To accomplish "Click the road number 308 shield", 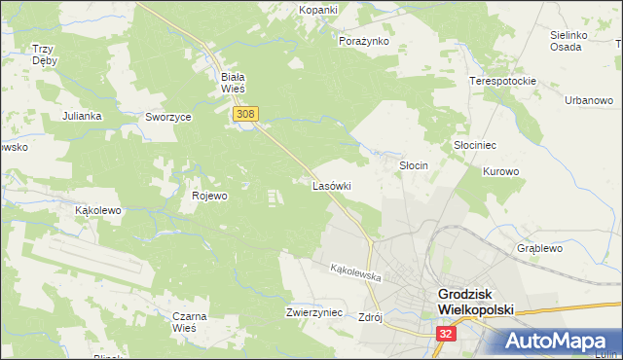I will click(245, 115).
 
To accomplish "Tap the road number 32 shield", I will click(445, 333).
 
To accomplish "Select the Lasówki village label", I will click(331, 185).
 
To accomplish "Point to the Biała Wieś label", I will click(232, 82).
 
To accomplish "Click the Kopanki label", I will click(318, 9).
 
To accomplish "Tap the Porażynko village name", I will click(363, 42).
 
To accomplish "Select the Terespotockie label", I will click(503, 81).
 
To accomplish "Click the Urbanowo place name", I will click(589, 100).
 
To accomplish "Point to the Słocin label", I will click(415, 165).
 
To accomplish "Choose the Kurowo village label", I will click(501, 171).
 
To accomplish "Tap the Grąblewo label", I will click(540, 248).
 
